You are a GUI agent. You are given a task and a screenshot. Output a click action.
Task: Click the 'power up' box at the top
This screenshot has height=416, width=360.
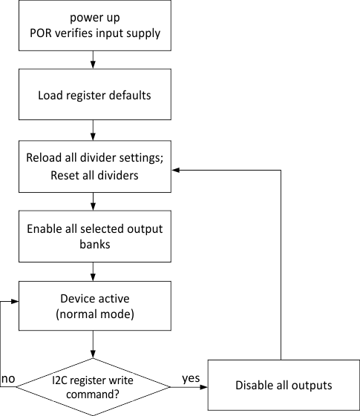tap(93, 24)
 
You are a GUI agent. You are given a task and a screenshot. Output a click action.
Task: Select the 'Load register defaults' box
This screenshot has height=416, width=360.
tap(93, 96)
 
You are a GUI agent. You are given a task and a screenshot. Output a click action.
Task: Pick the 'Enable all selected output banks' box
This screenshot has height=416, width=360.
tap(93, 237)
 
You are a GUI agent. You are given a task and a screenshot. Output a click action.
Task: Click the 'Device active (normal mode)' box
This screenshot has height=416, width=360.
tap(93, 306)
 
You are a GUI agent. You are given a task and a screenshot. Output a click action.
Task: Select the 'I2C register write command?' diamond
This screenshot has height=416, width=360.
tap(93, 385)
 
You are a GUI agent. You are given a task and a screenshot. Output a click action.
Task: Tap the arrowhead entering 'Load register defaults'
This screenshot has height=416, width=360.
tap(93, 67)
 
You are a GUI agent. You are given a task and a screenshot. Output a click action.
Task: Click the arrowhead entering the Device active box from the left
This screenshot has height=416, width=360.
tap(17, 303)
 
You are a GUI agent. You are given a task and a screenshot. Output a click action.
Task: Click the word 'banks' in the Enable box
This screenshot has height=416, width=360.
tap(93, 245)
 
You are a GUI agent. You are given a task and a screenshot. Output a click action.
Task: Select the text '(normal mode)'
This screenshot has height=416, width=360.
tap(93, 314)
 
